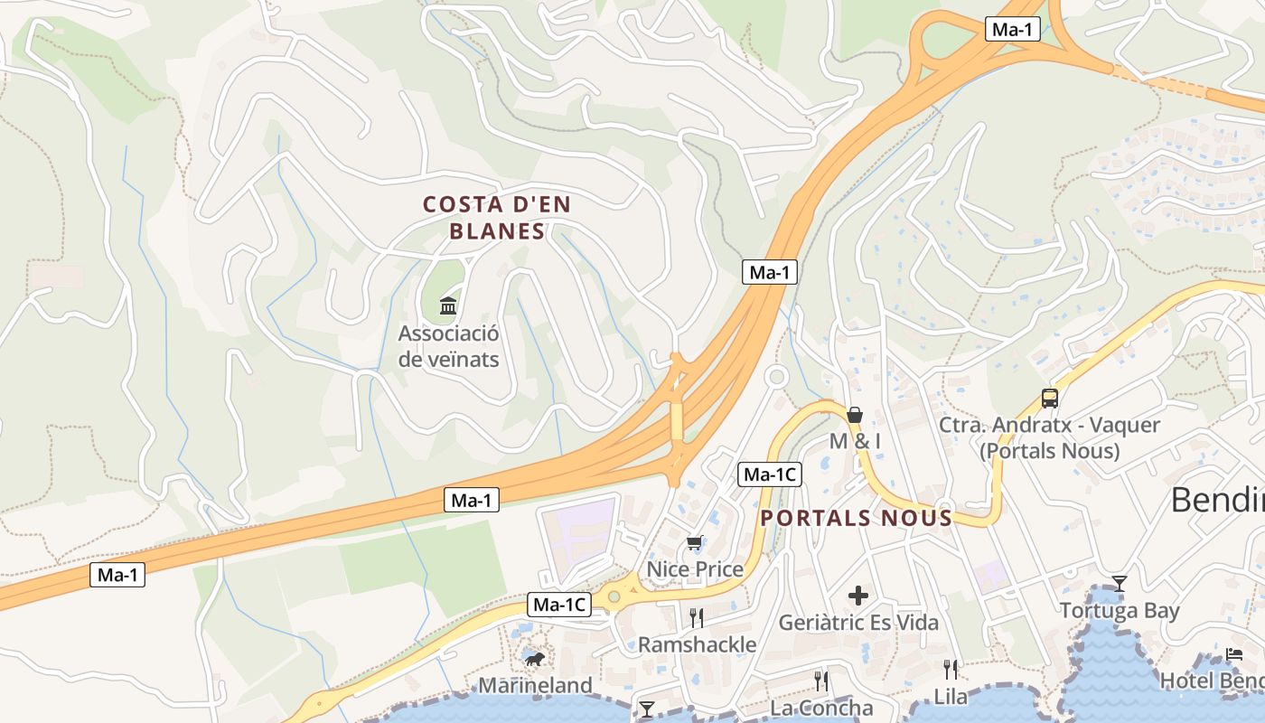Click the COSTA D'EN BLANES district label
point(497,218)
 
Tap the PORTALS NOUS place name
point(856,518)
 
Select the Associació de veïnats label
point(448,346)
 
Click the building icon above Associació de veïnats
point(448,306)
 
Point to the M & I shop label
point(855,441)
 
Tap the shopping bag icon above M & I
point(855,415)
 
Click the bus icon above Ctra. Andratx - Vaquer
point(1049,398)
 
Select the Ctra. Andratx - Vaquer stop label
point(1049,437)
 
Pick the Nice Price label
point(695,569)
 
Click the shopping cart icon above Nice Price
point(694,543)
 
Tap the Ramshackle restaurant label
point(697,644)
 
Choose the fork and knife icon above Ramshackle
point(696,618)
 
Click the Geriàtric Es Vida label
point(858,623)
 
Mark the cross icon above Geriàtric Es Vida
point(858,596)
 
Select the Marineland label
point(535,685)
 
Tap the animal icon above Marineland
point(534,659)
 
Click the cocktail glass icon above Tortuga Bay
point(1119,584)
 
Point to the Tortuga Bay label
point(1120,611)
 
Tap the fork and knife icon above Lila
point(951,670)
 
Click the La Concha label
point(821,708)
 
